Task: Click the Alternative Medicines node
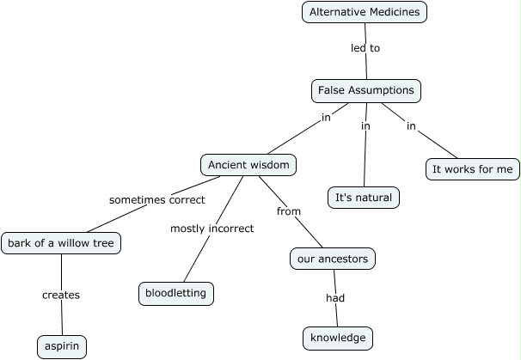coord(365,12)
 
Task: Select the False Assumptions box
coord(365,90)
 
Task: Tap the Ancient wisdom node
coord(249,164)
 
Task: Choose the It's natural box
coord(364,198)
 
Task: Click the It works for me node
coord(472,169)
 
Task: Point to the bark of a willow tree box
coord(60,243)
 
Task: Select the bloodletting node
coord(175,293)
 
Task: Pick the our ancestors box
coord(333,259)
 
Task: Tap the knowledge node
coord(338,338)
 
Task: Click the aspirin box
coord(62,347)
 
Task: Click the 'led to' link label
coord(365,48)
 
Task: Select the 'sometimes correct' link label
coord(156,199)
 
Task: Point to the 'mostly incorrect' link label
coord(211,229)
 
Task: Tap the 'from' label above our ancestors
coord(288,211)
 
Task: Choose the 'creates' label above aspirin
coord(61,295)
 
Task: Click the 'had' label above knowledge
coord(334,298)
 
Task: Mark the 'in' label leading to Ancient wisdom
coord(326,118)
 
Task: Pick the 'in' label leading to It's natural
coord(365,126)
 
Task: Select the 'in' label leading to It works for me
coord(411,126)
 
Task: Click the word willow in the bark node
coord(72,243)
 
